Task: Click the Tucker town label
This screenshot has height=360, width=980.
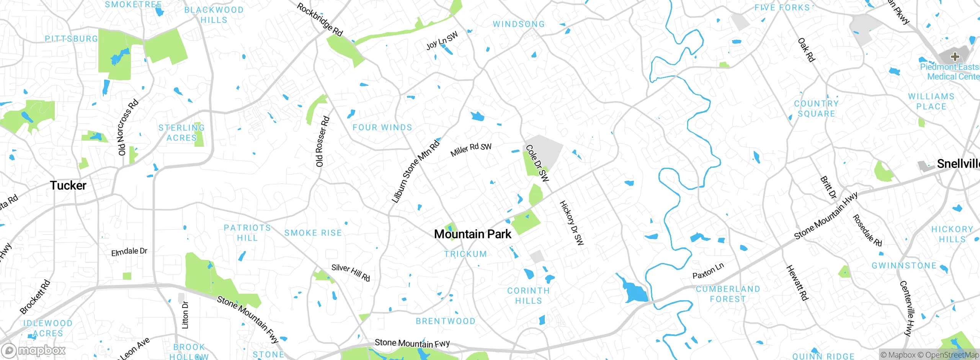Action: click(x=68, y=185)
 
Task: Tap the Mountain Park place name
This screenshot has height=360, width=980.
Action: click(x=472, y=234)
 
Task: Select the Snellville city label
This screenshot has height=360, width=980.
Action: click(x=958, y=164)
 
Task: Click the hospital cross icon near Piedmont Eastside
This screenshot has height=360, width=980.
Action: click(x=955, y=57)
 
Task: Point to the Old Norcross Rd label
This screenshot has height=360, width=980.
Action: click(x=127, y=128)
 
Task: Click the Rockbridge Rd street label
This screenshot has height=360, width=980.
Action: click(x=320, y=20)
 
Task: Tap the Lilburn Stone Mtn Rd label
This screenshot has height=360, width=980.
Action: click(x=415, y=172)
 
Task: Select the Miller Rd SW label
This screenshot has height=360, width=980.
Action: click(x=471, y=149)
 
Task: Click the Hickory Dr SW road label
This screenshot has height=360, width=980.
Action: click(x=572, y=223)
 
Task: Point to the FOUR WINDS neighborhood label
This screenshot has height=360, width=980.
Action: click(x=382, y=128)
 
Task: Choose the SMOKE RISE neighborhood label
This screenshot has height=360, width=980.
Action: click(x=313, y=233)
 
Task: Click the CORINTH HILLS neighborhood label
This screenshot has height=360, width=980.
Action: click(x=528, y=296)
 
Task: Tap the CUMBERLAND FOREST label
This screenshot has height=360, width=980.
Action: click(x=728, y=294)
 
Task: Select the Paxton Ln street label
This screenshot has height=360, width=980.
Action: click(x=708, y=271)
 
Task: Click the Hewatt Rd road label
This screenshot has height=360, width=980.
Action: click(x=797, y=283)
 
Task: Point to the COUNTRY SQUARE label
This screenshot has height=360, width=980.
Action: click(x=816, y=109)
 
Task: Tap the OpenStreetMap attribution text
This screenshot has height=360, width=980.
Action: click(x=952, y=355)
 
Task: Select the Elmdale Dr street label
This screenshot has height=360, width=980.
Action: click(x=129, y=252)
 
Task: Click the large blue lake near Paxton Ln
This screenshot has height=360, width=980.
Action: click(x=635, y=292)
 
